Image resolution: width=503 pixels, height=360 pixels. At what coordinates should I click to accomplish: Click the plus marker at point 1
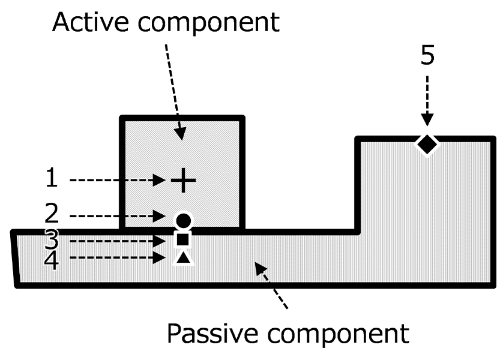184,180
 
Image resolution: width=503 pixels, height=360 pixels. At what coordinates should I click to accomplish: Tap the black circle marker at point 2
183,220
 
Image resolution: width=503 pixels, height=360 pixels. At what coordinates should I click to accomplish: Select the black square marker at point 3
183,239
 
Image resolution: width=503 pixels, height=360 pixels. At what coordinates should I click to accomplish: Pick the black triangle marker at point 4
184,257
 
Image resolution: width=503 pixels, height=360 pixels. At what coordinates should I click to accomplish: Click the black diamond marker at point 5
427,143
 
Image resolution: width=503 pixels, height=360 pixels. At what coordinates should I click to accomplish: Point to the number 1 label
53,179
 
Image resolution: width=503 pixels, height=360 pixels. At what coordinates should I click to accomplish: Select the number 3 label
53,239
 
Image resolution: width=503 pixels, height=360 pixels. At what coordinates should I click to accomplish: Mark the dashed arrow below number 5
427,100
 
